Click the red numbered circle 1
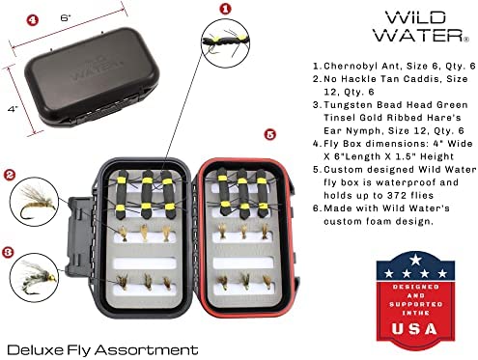tap(225, 9)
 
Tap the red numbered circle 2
tap(10, 175)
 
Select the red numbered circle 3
tap(8, 252)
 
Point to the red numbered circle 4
tap(32, 20)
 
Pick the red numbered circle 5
tap(269, 134)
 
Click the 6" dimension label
tap(65, 17)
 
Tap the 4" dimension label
tap(13, 109)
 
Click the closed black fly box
tap(92, 77)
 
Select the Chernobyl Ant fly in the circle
tap(225, 42)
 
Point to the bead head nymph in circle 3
tap(36, 276)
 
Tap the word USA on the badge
tap(414, 328)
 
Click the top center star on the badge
tap(415, 260)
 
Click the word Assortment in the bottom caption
tap(146, 349)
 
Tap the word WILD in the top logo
tap(416, 17)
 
